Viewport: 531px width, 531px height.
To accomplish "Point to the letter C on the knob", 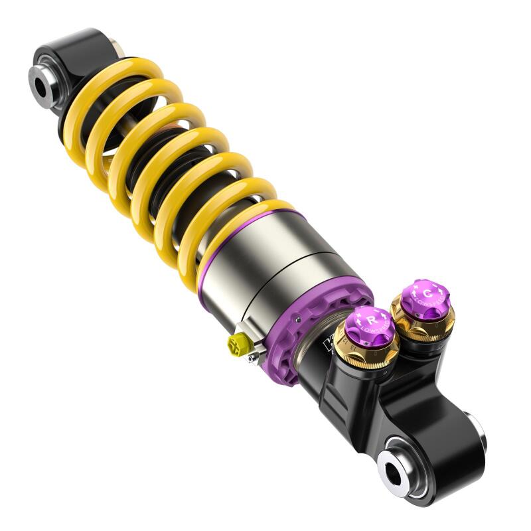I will [x=427, y=293].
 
